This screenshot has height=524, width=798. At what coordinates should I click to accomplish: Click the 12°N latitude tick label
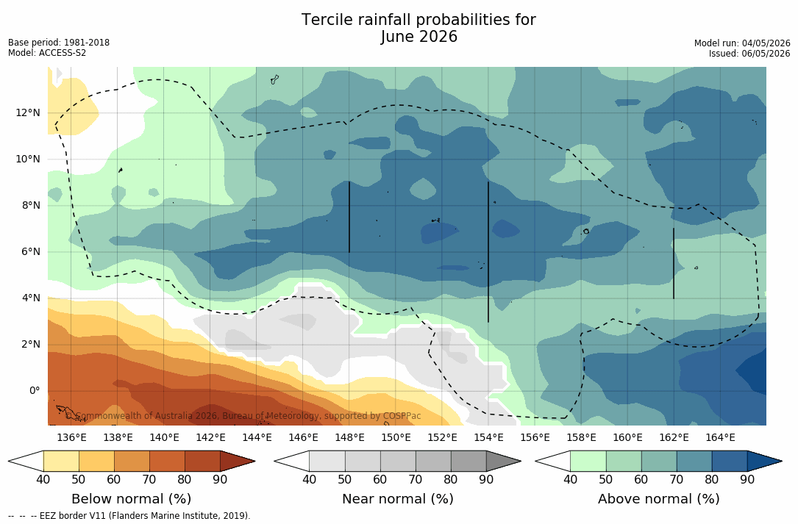[27, 113]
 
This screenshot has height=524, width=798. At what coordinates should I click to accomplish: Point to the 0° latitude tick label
[34, 391]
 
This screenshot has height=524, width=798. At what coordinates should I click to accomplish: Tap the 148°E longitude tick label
[349, 437]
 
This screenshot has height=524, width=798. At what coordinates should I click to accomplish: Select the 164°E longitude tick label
[720, 437]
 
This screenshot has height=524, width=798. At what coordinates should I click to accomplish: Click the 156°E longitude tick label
[535, 437]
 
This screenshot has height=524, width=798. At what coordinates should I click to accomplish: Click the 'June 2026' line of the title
[418, 37]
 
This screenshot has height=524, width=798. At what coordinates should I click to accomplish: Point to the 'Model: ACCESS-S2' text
[47, 53]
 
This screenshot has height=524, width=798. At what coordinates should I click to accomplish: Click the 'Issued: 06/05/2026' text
[749, 54]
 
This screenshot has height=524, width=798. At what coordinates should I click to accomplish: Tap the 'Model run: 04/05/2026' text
[742, 43]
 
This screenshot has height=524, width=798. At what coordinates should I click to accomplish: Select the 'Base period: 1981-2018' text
[59, 43]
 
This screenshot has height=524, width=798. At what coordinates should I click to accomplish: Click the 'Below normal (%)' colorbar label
[132, 498]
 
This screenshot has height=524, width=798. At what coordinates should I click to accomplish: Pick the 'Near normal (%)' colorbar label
[397, 498]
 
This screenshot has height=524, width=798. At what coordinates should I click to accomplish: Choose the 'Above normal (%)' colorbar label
[658, 498]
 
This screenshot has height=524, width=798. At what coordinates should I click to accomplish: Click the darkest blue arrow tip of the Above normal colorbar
[781, 462]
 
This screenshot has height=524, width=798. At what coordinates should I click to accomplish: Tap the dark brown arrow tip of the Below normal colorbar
[254, 462]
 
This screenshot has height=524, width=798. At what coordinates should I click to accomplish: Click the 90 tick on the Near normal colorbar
[486, 479]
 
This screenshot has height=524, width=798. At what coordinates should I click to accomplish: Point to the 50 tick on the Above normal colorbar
[605, 479]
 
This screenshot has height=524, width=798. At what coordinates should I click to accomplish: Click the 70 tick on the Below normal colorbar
[149, 479]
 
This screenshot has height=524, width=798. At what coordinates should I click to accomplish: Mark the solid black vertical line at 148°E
[349, 217]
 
